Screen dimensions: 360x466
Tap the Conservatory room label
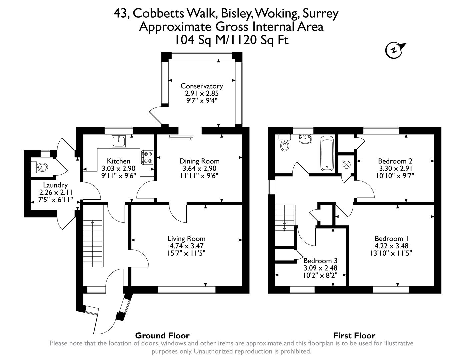(x=202, y=86)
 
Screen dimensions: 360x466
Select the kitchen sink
(x=118, y=141)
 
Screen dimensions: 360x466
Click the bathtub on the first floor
(x=327, y=154)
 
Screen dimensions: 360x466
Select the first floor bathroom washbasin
(x=305, y=139)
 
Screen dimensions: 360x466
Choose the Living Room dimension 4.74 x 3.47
(x=186, y=246)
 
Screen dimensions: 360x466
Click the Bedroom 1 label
(x=391, y=239)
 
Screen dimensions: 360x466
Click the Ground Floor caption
(x=162, y=335)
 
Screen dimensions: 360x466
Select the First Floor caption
(x=354, y=335)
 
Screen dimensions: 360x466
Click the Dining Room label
(x=199, y=161)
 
